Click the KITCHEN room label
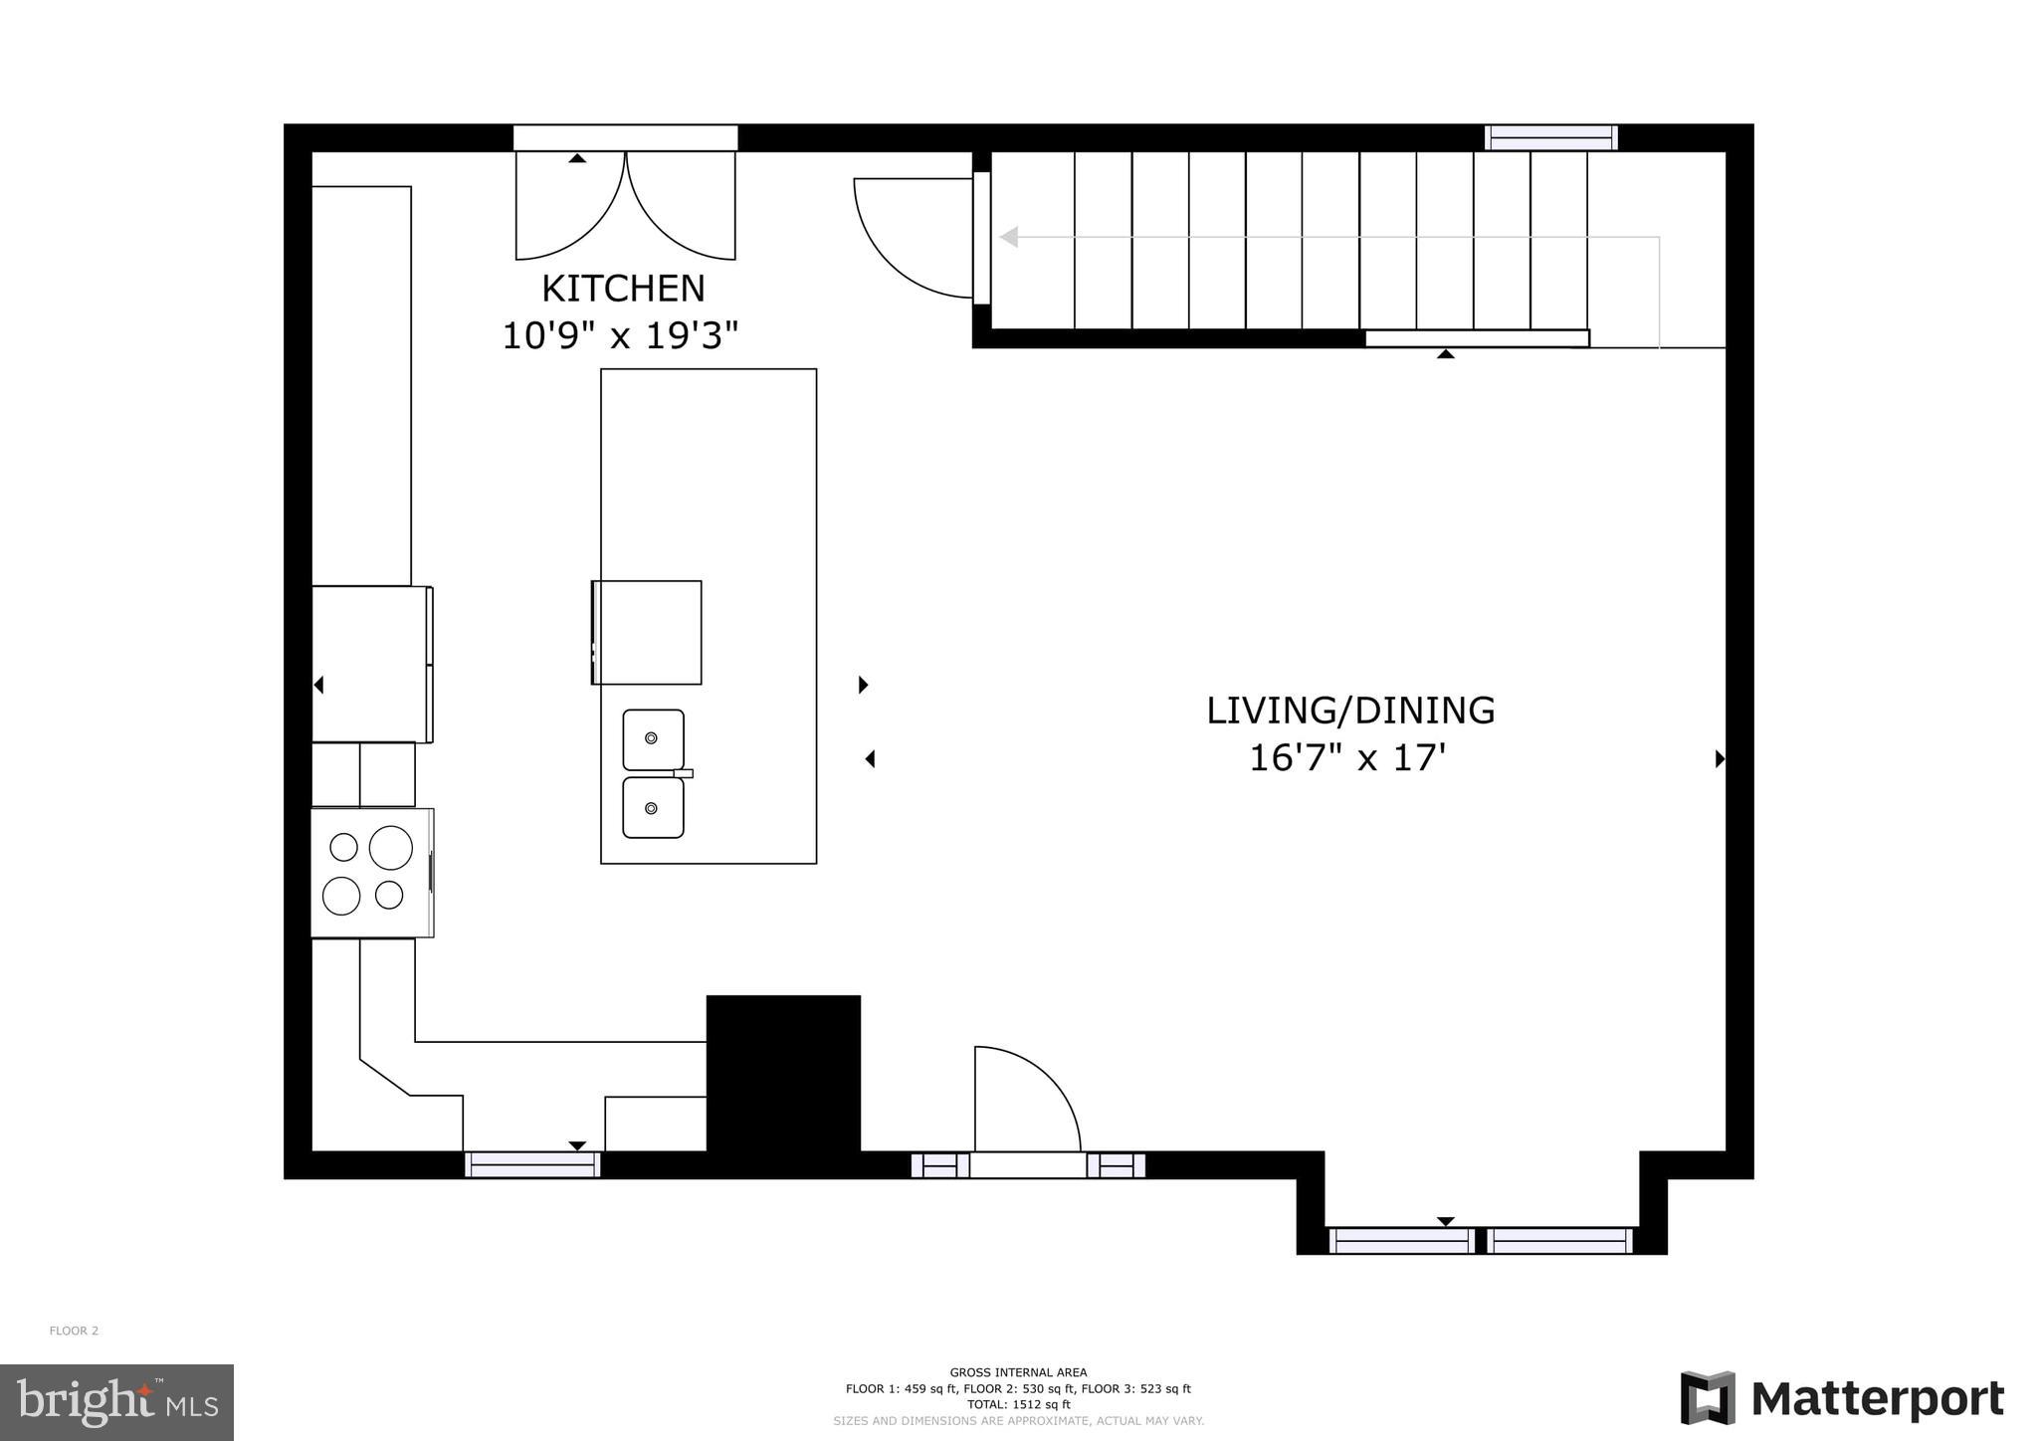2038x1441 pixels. pos(623,289)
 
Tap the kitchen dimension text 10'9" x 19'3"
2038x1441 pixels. pos(620,336)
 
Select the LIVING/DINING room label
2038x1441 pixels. pos(1349,711)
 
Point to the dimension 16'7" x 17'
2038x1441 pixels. pos(1346,758)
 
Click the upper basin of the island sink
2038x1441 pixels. pos(653,739)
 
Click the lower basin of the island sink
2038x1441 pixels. pos(653,807)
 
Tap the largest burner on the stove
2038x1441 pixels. pos(390,848)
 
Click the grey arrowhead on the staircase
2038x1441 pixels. pos(1009,237)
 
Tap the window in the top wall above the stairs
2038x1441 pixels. pos(1550,138)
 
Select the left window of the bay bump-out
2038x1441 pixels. pos(1401,1241)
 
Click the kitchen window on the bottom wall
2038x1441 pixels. pos(532,1164)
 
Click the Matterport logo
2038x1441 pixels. pos(1842,1398)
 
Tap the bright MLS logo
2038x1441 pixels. pos(116,1402)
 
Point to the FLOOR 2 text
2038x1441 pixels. pos(74,1331)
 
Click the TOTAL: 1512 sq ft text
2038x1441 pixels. pos(1018,1405)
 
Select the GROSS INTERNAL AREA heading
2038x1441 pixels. pos(1018,1372)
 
